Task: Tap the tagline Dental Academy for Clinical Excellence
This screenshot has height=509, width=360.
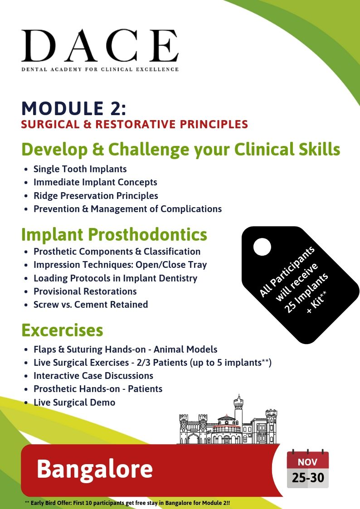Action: pyautogui.click(x=100, y=69)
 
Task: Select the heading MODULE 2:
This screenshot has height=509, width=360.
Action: pyautogui.click(x=74, y=108)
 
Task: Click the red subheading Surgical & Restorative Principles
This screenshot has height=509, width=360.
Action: pyautogui.click(x=134, y=124)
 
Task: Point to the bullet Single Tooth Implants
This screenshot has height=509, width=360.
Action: pyautogui.click(x=80, y=169)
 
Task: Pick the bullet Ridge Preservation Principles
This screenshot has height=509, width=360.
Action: pyautogui.click(x=96, y=196)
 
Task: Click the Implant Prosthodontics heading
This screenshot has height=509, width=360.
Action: pyautogui.click(x=114, y=234)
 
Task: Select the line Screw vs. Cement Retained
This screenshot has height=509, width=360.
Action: pyautogui.click(x=91, y=305)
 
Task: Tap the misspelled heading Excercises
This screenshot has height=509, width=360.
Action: pyautogui.click(x=62, y=330)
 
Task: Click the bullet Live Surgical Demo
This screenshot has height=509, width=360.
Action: pyautogui.click(x=74, y=402)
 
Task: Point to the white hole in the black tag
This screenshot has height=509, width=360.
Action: pyautogui.click(x=262, y=247)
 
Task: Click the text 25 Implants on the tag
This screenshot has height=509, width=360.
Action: pyautogui.click(x=306, y=293)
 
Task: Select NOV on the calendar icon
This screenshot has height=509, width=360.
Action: pyautogui.click(x=307, y=462)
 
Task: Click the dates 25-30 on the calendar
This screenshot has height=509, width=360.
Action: pyautogui.click(x=308, y=478)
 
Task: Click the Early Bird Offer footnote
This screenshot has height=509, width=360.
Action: pyautogui.click(x=127, y=503)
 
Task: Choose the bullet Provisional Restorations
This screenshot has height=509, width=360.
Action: pyautogui.click(x=85, y=291)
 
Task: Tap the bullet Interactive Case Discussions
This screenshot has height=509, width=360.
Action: pyautogui.click(x=93, y=376)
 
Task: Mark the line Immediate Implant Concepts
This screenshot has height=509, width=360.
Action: pyautogui.click(x=95, y=183)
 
